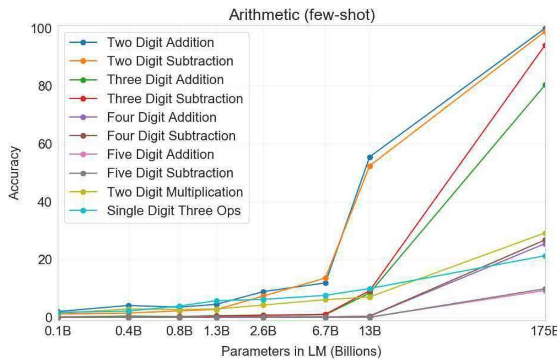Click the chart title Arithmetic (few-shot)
pos(302,15)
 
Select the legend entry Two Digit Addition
pos(160,42)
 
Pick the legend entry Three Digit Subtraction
pos(175,99)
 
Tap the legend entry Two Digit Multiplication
pos(175,192)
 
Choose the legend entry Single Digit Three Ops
pos(173,211)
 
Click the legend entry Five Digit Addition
pos(160,155)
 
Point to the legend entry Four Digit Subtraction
pos(171,136)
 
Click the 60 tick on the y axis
pos(42,144)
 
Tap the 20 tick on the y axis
pos(42,259)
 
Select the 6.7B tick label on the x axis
pos(325,331)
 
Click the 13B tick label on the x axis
pos(370,331)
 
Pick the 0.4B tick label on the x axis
pos(128,331)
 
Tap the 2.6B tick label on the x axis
pos(263,331)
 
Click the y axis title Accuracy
pos(14,173)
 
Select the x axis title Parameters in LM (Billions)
pos(301,351)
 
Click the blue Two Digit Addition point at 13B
pos(370,157)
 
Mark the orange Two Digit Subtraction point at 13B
pos(370,166)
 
